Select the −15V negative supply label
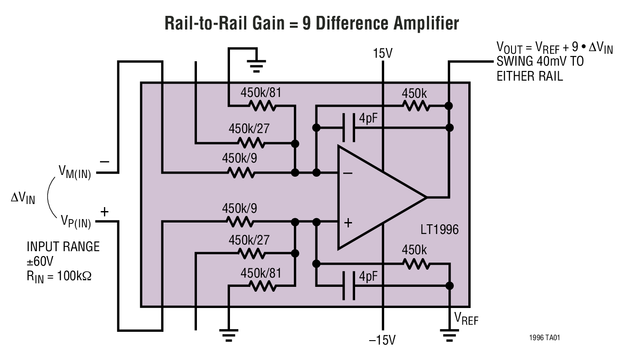click(382, 340)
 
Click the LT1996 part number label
click(440, 230)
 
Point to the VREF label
click(466, 319)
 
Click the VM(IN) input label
click(74, 172)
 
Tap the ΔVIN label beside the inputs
click(22, 198)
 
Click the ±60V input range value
click(40, 261)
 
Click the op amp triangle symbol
click(374, 197)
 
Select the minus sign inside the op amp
click(348, 173)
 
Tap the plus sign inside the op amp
click(348, 223)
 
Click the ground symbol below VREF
click(449, 337)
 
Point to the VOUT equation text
click(554, 47)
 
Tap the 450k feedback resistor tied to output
click(415, 106)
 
